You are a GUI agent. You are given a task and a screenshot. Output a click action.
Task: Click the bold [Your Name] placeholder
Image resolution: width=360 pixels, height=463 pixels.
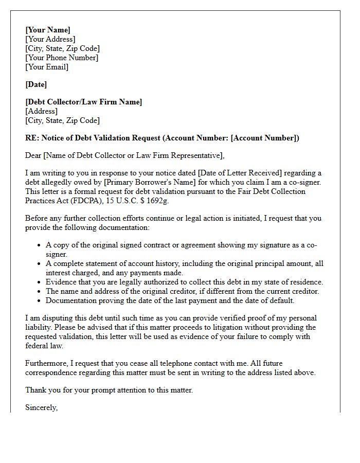pos(48,30)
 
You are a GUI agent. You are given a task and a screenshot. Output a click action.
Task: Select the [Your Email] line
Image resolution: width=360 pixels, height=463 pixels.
pos(47,67)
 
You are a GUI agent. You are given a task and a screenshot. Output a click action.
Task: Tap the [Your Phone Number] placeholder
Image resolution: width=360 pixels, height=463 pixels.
pos(62,58)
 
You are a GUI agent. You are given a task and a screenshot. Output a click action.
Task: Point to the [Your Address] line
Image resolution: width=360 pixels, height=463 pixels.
pos(50,39)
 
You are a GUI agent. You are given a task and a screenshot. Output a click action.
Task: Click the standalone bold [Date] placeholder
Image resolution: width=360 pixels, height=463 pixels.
pos(36,84)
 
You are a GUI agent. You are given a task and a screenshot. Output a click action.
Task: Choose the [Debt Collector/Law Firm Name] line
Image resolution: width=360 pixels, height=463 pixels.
pos(84,102)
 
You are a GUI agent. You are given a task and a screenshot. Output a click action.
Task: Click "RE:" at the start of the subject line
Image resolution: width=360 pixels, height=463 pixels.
pos(32,138)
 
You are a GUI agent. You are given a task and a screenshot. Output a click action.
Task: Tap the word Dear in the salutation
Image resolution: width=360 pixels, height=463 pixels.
pos(33,155)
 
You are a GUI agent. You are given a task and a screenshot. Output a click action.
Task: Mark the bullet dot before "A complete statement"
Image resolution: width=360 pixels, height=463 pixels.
pos(40,263)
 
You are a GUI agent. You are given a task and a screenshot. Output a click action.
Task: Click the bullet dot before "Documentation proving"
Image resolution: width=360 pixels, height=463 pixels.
pos(40,300)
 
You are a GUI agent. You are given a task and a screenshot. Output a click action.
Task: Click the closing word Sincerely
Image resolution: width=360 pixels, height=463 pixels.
pos(41,407)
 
